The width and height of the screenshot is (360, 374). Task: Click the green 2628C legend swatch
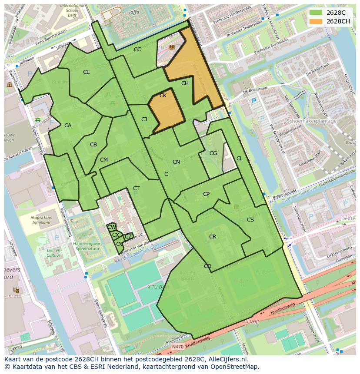click(316, 13)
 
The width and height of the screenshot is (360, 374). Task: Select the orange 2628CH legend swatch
click(316, 21)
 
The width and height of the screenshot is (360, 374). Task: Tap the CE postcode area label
click(87, 72)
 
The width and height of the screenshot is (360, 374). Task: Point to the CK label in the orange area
click(163, 96)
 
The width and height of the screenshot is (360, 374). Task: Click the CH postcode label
click(185, 83)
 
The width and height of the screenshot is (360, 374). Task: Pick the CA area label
click(68, 126)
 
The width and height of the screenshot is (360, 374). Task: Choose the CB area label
click(93, 145)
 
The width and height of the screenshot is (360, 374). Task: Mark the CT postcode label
click(137, 189)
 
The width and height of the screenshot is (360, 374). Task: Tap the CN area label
click(176, 162)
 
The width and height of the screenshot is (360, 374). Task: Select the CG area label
click(213, 153)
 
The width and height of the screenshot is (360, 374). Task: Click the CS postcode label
click(250, 220)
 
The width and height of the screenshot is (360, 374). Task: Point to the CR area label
click(213, 237)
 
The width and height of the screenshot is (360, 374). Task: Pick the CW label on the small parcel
click(111, 227)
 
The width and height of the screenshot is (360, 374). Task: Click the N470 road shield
click(177, 347)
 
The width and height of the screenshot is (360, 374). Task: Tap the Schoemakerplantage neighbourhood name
click(312, 121)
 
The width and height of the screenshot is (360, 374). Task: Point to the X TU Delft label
click(158, 287)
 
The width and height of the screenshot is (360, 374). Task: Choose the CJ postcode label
click(144, 119)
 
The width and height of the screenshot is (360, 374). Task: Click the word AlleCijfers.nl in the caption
click(226, 360)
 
